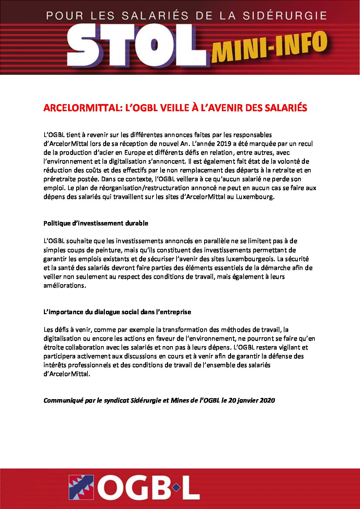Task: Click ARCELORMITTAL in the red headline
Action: pyautogui.click(x=82, y=108)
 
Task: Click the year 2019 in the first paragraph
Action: pyautogui.click(x=224, y=144)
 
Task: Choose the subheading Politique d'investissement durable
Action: pyautogui.click(x=96, y=223)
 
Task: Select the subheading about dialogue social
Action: pyautogui.click(x=117, y=312)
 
